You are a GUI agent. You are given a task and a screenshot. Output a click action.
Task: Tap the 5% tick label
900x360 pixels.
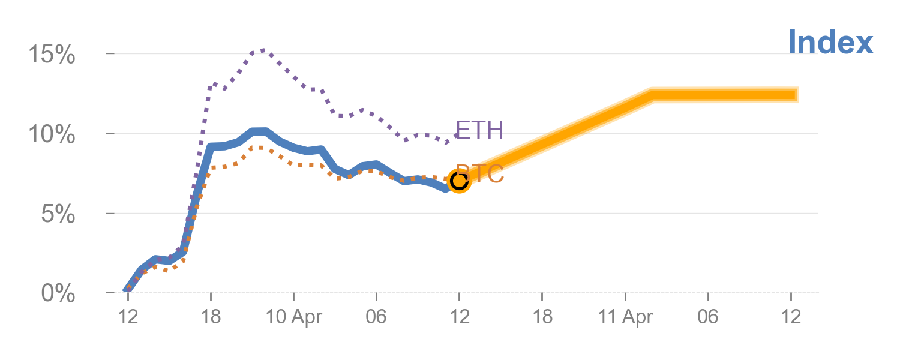(x=58, y=214)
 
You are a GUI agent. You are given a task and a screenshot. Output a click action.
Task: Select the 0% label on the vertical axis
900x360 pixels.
(x=58, y=294)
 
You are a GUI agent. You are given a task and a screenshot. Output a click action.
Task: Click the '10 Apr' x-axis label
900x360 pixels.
(x=293, y=317)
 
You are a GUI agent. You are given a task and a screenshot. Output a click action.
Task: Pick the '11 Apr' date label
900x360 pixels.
(x=625, y=317)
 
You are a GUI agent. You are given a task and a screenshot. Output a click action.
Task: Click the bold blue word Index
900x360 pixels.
(x=830, y=43)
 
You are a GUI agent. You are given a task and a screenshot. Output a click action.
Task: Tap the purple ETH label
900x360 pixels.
(x=479, y=130)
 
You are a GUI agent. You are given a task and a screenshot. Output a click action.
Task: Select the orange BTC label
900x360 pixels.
(x=480, y=174)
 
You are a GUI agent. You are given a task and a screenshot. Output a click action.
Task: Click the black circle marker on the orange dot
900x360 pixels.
(x=459, y=180)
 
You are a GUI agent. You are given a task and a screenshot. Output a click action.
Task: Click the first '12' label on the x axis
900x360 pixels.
(x=128, y=317)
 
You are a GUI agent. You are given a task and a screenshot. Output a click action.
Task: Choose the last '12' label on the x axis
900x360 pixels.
(x=791, y=317)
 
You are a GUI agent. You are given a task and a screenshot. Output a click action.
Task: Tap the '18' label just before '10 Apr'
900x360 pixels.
(x=211, y=317)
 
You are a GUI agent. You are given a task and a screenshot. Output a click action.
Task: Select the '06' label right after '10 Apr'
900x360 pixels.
(x=376, y=317)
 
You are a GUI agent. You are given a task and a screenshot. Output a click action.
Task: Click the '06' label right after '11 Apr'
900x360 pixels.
(x=708, y=317)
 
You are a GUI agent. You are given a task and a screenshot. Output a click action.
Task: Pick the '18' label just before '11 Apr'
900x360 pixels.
(x=542, y=317)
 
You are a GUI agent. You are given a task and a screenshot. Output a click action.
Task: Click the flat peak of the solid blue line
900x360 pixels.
(x=259, y=131)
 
